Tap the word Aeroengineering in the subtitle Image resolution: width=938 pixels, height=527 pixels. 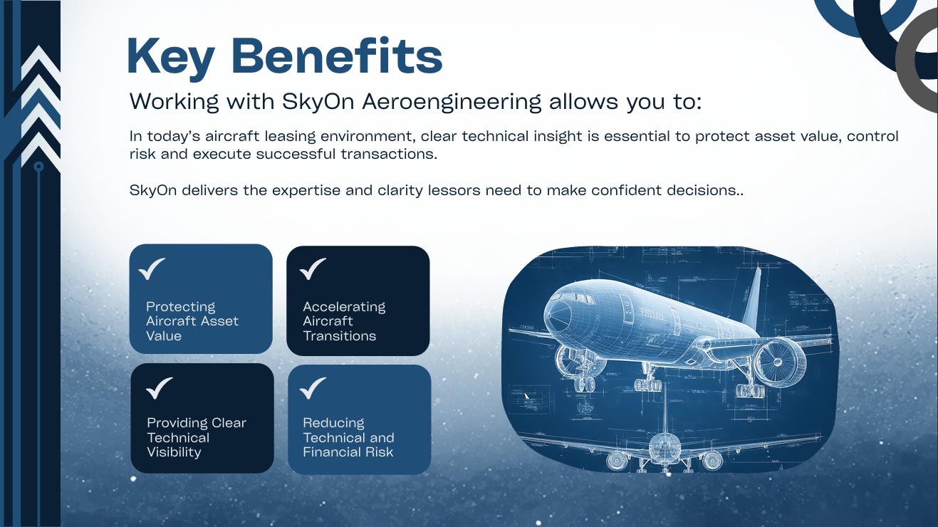click(x=452, y=102)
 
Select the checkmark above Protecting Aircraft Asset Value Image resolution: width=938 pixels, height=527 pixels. click(x=152, y=269)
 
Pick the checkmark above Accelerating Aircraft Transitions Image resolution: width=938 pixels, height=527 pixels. click(x=313, y=269)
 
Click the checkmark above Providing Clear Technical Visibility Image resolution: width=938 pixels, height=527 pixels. click(x=159, y=388)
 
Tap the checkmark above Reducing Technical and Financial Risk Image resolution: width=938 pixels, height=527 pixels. click(x=313, y=388)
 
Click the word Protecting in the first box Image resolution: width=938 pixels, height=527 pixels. click(x=180, y=307)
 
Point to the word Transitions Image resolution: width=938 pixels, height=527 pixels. click(x=339, y=336)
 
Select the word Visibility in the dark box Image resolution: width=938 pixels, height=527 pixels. click(x=174, y=452)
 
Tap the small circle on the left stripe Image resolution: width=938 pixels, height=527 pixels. click(x=39, y=167)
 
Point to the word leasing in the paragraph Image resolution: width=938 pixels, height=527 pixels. click(x=276, y=136)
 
